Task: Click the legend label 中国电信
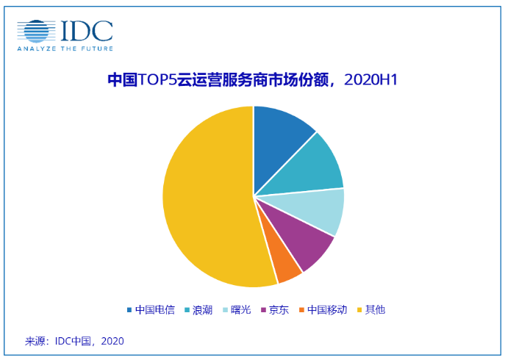(155, 309)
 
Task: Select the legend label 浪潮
(202, 309)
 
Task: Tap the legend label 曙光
(240, 309)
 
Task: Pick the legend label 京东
(278, 309)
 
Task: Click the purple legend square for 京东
(262, 309)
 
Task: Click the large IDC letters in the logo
(86, 30)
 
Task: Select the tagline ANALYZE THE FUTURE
(65, 48)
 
